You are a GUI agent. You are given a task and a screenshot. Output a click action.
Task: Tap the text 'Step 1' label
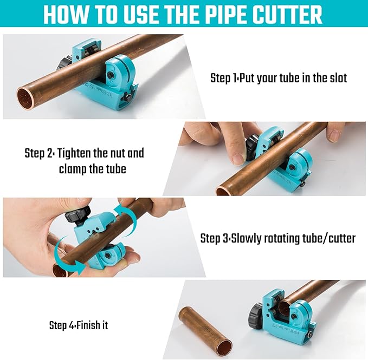tap(223, 78)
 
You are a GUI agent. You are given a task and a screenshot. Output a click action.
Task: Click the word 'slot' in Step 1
tap(336, 78)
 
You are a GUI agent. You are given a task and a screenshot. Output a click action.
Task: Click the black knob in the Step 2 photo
tap(251, 147)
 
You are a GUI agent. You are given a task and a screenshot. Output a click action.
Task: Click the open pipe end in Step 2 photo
tap(223, 191)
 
